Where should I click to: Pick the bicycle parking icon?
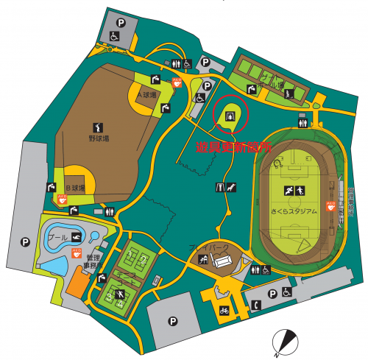[x=223, y=311]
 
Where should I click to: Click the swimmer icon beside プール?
[x=75, y=237]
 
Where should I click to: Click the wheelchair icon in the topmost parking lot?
[x=115, y=35]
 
